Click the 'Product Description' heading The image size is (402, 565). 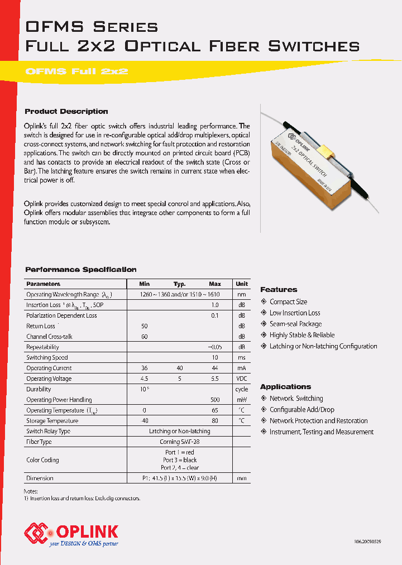point(66,111)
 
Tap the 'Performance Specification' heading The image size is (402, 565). point(81,270)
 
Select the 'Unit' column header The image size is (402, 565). point(241,284)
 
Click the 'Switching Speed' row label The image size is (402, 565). point(47,357)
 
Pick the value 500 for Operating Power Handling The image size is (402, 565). point(214,400)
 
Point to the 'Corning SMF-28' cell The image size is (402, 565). point(179,442)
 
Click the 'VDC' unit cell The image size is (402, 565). point(241,379)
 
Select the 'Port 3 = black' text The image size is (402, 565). point(179,460)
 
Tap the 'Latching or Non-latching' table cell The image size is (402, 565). point(179,431)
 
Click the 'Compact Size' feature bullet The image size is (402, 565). point(288,301)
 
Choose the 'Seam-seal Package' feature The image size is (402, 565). point(295,324)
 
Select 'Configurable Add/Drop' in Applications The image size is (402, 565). point(301,410)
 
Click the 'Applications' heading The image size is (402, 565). point(285,387)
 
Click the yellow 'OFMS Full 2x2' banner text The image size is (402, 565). point(77,71)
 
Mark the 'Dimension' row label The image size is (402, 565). point(40,478)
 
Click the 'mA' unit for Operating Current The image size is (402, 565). point(241,368)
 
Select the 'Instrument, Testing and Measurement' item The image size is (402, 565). point(322,432)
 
